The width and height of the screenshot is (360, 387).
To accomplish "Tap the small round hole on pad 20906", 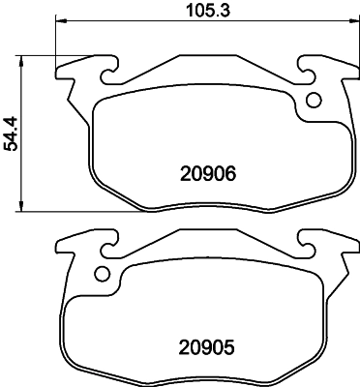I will pyautogui.click(x=313, y=100).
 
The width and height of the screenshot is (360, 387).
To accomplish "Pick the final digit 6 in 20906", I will pyautogui.click(x=232, y=174).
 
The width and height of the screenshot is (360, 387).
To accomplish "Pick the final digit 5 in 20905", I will pyautogui.click(x=232, y=344).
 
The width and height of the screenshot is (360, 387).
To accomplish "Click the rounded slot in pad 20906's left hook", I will pyautogui.click(x=103, y=68).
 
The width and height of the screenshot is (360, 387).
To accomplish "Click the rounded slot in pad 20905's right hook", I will pyautogui.click(x=308, y=242).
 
